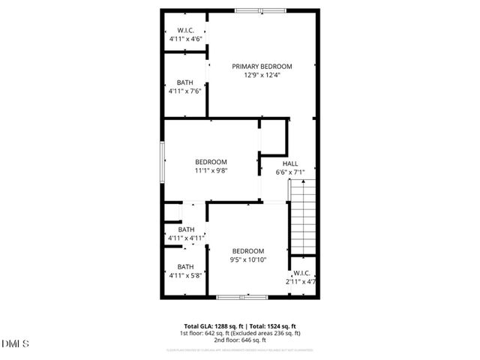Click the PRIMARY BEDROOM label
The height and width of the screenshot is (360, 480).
point(262,66)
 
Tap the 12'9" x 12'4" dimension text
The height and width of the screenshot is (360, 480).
point(262,75)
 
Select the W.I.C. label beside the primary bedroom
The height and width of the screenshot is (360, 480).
point(186,31)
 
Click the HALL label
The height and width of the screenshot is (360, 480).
point(290,163)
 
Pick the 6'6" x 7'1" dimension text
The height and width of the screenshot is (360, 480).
point(290,172)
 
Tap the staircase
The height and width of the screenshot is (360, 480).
point(302,221)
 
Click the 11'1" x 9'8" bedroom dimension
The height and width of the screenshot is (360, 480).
point(211,170)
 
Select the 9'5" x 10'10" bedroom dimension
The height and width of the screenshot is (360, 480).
point(248,259)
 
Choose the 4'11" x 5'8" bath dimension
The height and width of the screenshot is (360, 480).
point(186,275)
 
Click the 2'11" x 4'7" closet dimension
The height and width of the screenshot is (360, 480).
point(301,282)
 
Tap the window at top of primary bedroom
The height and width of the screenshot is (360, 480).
point(249,10)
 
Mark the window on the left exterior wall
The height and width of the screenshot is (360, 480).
point(163,160)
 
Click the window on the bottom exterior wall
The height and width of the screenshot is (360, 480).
point(242,298)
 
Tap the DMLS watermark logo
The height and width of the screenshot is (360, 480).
point(16,344)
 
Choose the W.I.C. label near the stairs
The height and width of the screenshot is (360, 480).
point(301,273)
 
